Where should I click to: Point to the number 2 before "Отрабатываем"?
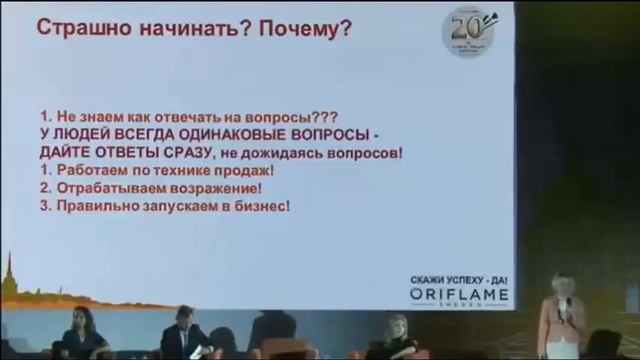(45, 188)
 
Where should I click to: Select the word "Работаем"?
(88, 170)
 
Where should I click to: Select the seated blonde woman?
(397, 335)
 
